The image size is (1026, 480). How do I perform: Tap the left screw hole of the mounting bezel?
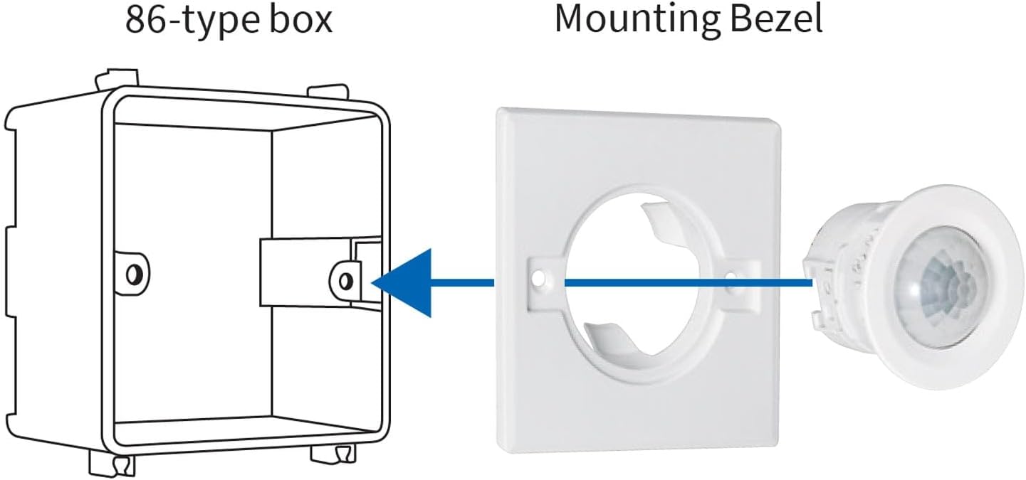coord(543,276)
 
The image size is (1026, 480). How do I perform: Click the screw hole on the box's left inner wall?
coord(133,272)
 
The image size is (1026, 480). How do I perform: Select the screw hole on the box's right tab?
coord(346,279)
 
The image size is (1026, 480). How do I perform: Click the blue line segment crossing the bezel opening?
coord(641,282)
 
